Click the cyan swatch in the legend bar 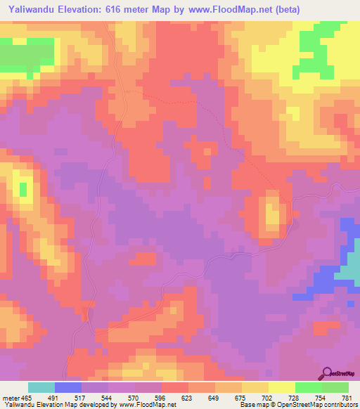click(41, 387)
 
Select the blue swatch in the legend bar click(68, 387)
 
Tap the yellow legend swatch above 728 click(282, 387)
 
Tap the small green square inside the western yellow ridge click(23, 189)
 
